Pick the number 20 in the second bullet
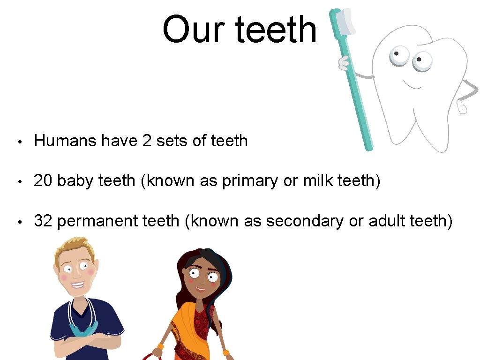pyautogui.click(x=43, y=180)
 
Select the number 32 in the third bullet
pyautogui.click(x=43, y=220)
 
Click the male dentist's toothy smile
pyautogui.click(x=77, y=284)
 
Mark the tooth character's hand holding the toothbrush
pyautogui.click(x=344, y=62)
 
